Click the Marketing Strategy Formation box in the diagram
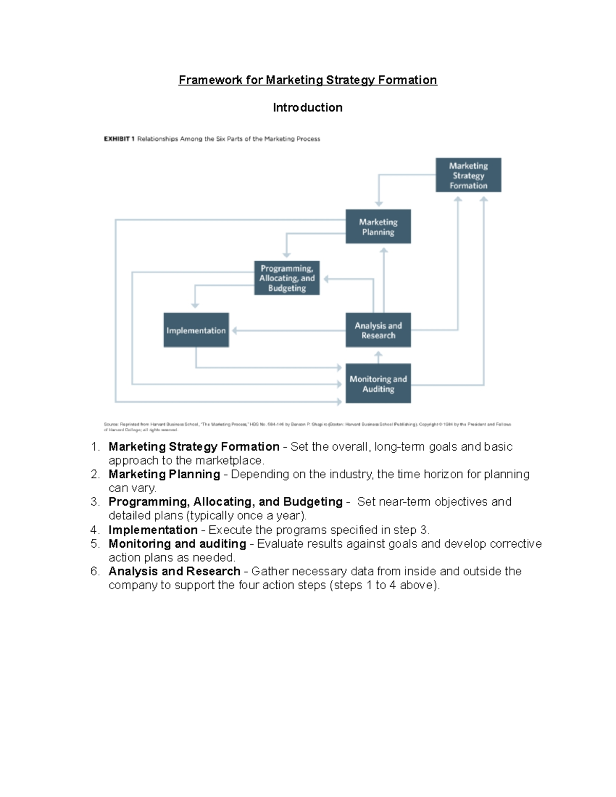coord(468,176)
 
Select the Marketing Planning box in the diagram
coord(378,227)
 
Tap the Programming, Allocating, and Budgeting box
coord(286,278)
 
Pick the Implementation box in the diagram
coord(196,331)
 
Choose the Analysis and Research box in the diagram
coord(378,331)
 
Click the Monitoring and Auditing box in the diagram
coord(378,384)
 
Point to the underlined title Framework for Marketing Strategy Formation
coord(307,80)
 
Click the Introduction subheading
coord(307,108)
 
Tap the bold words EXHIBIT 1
coord(119,139)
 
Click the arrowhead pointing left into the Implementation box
coord(235,331)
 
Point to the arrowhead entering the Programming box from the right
coord(326,279)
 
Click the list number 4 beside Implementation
coord(94,530)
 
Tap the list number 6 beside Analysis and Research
coord(94,571)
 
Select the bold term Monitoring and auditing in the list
coord(177,543)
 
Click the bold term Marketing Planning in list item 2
coord(164,474)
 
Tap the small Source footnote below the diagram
coord(307,426)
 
